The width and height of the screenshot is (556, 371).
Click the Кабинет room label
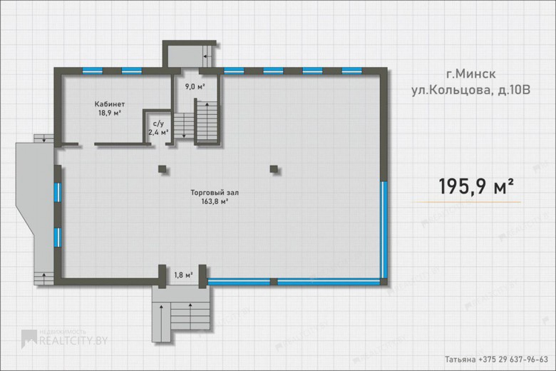110,104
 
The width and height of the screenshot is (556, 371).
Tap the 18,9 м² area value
110,113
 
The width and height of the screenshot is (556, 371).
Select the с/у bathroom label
158,123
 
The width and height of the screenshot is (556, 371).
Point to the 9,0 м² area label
195,86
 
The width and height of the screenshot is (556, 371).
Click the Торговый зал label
215,193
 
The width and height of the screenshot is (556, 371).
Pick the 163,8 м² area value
215,202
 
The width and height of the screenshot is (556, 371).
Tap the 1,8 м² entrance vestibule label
183,275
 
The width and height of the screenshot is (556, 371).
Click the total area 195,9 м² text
476,186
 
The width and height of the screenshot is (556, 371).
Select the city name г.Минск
470,74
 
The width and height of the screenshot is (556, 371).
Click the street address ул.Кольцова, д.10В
470,90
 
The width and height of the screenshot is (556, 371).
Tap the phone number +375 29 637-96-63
513,360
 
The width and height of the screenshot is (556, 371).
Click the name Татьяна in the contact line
460,360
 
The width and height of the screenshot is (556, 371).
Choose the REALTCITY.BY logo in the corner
64,339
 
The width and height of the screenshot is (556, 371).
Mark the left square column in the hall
162,169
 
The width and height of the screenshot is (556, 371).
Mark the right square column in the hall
274,168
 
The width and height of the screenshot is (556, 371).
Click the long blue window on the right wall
384,230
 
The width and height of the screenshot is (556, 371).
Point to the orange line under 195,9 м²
466,202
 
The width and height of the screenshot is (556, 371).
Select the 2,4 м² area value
158,133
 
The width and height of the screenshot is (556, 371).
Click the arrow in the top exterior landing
207,56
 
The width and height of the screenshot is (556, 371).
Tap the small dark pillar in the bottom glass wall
274,282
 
